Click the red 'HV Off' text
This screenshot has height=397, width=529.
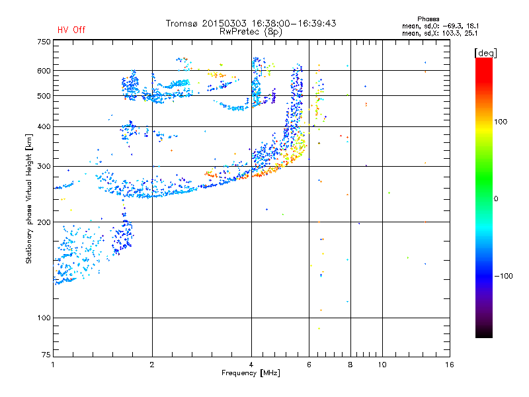pos(71,30)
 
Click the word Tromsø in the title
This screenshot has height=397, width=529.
pos(182,23)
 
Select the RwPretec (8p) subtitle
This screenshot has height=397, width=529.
pos(251,31)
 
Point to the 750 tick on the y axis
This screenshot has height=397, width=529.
pos(44,42)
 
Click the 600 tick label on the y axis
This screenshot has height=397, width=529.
pos(44,71)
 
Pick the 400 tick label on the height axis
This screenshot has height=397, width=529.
pos(44,126)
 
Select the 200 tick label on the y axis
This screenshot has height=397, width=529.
pos(44,222)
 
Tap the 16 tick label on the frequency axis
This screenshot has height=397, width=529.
pos(449,365)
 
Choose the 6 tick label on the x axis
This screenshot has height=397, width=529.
pos(309,365)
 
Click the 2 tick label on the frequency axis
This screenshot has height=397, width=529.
pos(152,365)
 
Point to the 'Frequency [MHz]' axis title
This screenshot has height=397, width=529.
pos(251,373)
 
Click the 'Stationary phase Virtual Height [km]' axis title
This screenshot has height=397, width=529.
pos(29,198)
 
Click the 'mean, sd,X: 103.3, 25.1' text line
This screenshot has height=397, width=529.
pos(440,32)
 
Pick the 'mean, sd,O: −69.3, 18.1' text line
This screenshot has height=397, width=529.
pos(440,26)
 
